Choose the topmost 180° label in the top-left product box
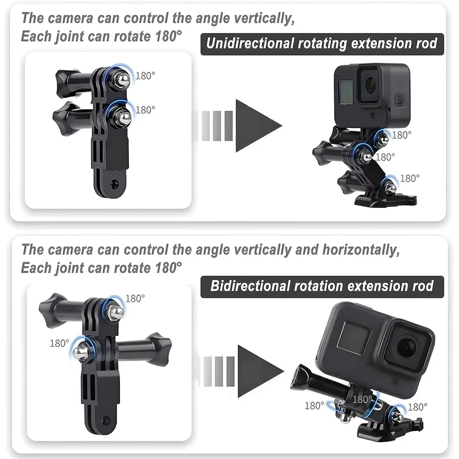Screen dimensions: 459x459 tap(146, 76)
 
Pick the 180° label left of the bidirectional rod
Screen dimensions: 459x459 tap(59, 342)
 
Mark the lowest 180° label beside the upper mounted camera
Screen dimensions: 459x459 tap(410, 178)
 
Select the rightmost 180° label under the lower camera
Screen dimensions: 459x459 tap(417, 407)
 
